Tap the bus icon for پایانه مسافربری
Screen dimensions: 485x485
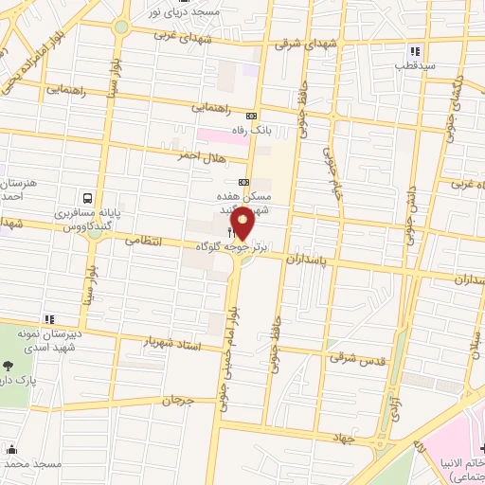point(87,199)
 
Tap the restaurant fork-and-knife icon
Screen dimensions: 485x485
point(230,231)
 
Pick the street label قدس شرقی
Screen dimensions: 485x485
point(352,358)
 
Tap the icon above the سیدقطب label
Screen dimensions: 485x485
point(414,51)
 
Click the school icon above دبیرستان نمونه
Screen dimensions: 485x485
point(47,320)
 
